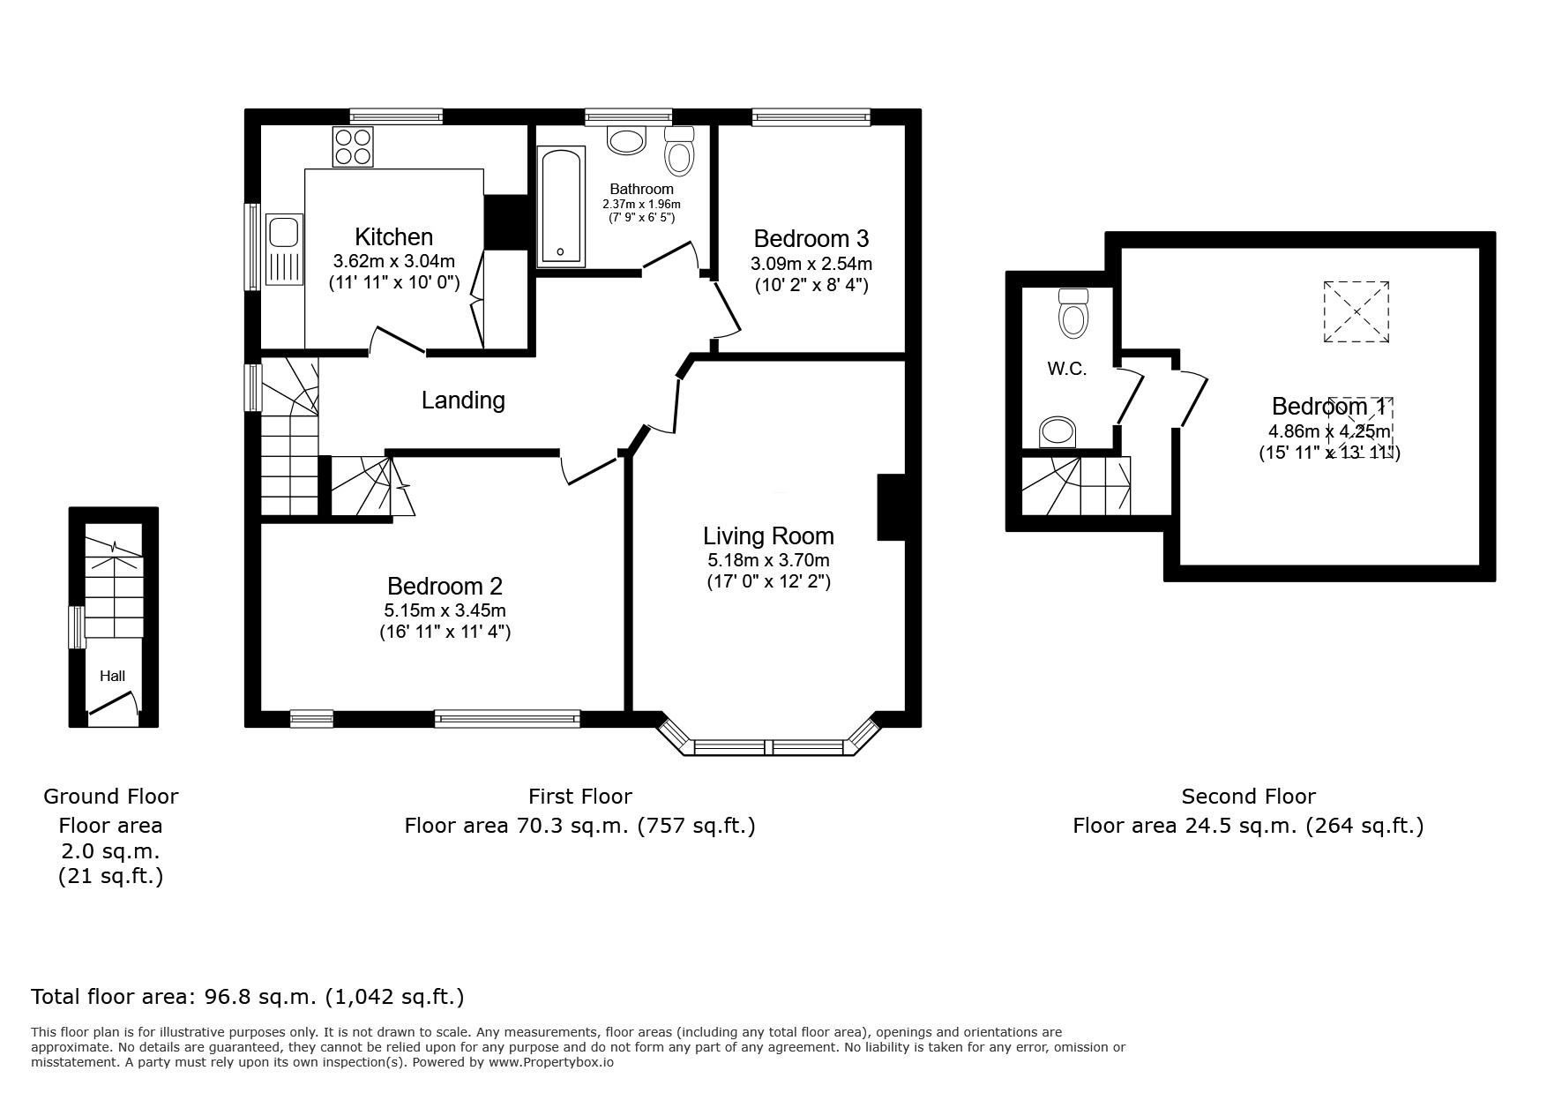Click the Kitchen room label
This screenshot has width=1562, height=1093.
[393, 236]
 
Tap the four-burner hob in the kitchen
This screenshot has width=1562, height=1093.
[353, 146]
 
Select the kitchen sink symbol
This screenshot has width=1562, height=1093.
[283, 232]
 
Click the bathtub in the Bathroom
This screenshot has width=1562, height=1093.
[561, 206]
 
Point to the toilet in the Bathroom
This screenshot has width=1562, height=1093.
[678, 152]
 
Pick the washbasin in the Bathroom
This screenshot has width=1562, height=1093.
[627, 141]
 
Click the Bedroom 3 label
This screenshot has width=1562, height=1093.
[811, 238]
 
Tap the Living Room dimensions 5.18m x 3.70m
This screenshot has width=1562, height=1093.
[767, 560]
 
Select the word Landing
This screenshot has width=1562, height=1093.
[463, 401]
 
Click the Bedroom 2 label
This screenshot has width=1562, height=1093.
[445, 586]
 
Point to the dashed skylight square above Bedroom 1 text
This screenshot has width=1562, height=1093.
[1356, 312]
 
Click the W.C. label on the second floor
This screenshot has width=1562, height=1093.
[1066, 370]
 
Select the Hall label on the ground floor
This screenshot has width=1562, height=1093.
[112, 677]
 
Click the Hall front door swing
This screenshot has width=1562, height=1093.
[113, 707]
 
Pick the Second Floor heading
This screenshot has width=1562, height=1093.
[1248, 797]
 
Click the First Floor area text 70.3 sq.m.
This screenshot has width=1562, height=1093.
[579, 826]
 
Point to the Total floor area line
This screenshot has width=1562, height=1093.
[247, 997]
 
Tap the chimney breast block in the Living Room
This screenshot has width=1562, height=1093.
[891, 507]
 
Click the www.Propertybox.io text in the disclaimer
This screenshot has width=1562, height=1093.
[551, 1063]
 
